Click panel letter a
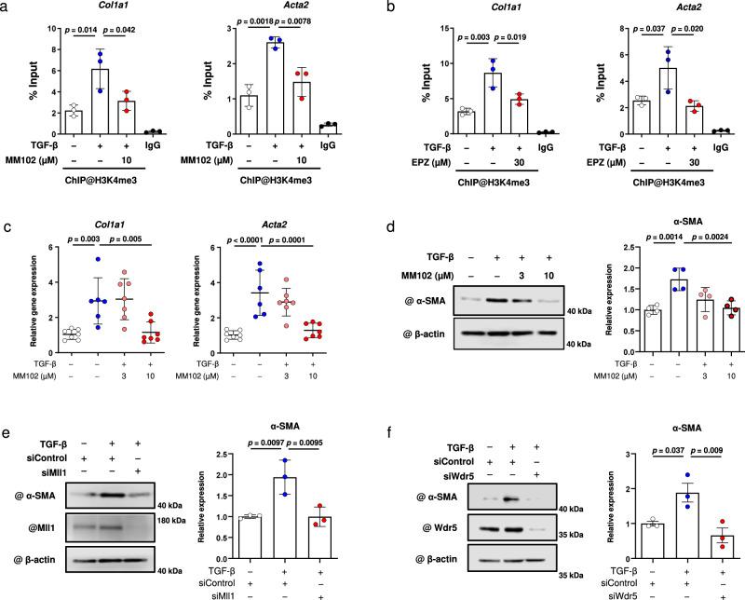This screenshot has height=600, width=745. pos(7,7)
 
